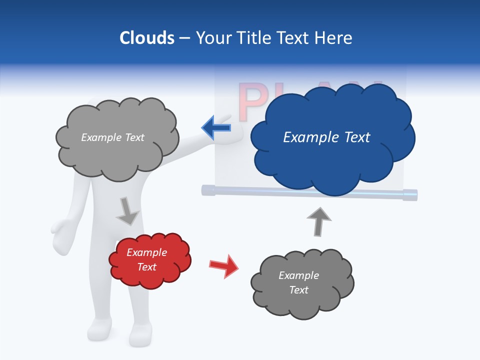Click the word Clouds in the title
[147, 38]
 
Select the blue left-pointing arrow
[216, 127]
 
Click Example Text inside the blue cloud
[326, 137]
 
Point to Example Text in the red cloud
[146, 259]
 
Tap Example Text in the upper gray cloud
[112, 137]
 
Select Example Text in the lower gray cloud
[298, 282]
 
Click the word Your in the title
[212, 38]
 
